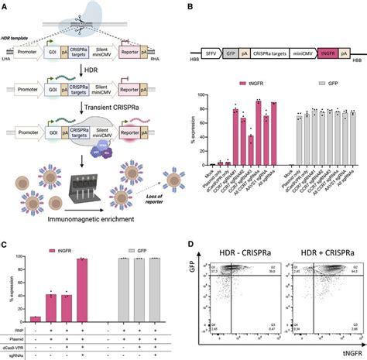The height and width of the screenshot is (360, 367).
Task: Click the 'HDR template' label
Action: coord(19,37)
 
